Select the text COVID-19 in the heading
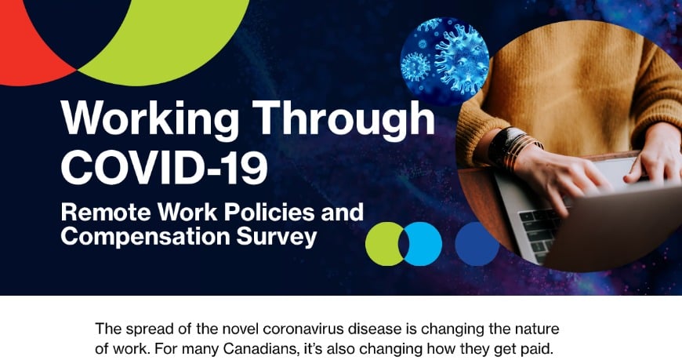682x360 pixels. [164, 168]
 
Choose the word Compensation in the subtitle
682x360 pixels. [145, 237]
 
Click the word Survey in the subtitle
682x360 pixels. [277, 237]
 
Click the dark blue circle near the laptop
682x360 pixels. [477, 244]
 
